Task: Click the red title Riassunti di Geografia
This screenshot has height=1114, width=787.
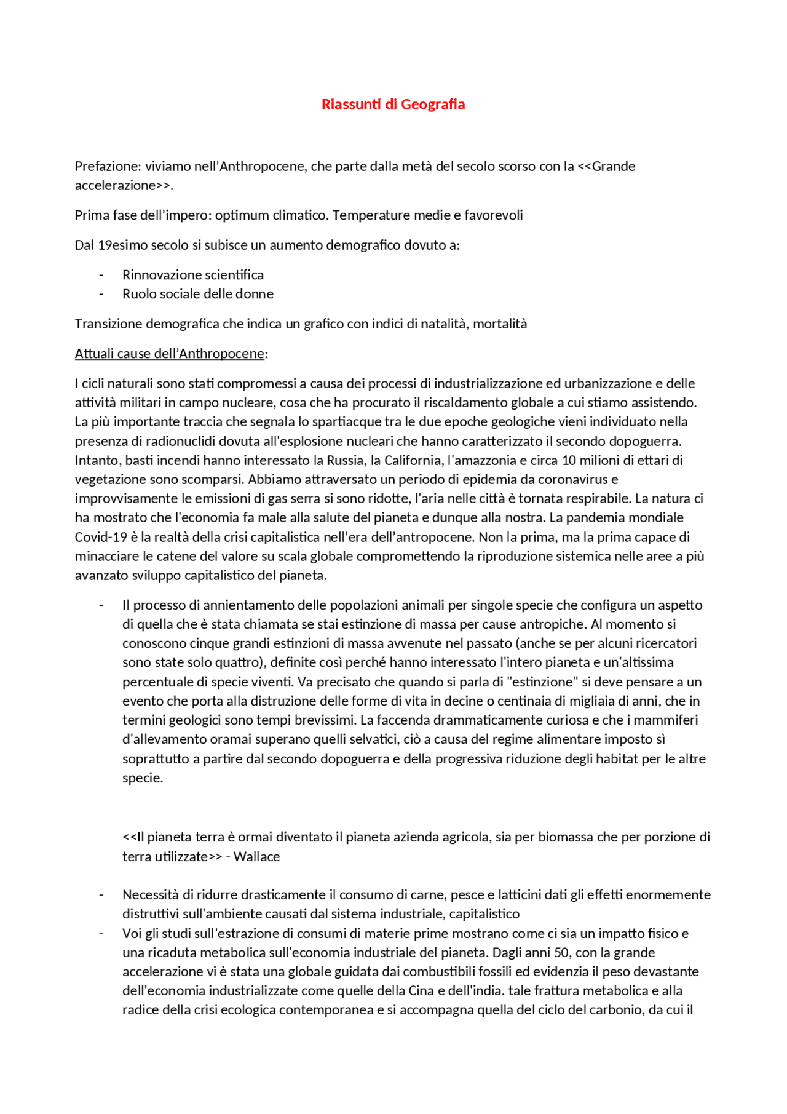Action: pos(393,105)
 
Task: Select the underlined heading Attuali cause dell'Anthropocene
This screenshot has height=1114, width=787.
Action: pos(170,354)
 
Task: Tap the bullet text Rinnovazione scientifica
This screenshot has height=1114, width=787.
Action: pos(192,275)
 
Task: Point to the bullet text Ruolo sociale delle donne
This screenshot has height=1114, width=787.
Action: pos(197,294)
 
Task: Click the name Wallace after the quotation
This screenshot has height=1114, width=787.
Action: pos(256,857)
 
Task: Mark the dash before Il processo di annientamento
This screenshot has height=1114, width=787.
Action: pos(101,605)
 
